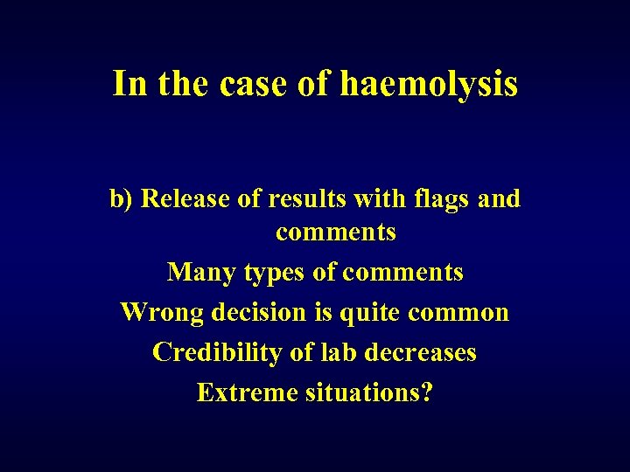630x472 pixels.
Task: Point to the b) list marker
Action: click(122, 199)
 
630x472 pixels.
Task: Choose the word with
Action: click(376, 199)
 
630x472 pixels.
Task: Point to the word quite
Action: click(370, 312)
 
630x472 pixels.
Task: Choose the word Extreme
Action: click(247, 392)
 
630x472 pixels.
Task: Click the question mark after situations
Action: click(427, 392)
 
